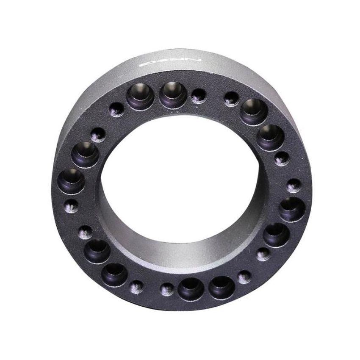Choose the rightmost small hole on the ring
click(293, 185)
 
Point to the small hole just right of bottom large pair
click(244, 277)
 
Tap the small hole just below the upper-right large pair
click(280, 159)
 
